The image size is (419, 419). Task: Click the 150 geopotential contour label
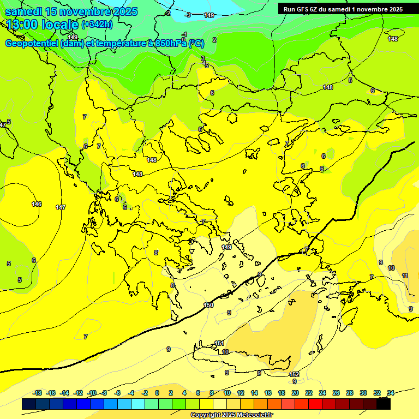(208, 305)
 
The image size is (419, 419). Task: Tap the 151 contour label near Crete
(219, 343)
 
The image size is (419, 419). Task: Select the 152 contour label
(294, 374)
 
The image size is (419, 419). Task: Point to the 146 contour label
(37, 204)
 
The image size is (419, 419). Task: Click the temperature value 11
(405, 276)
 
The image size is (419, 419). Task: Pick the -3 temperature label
(188, 15)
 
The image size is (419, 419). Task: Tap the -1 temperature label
(184, 34)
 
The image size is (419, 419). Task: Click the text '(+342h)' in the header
(97, 25)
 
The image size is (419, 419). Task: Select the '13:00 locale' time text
(43, 25)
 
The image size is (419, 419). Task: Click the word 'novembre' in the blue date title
(81, 11)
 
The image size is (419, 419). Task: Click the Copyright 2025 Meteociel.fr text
(231, 415)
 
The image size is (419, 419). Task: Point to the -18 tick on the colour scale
(38, 393)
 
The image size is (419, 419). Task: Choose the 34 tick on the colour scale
(391, 393)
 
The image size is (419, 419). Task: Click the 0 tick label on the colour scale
(157, 393)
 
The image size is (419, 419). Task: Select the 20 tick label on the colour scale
(295, 393)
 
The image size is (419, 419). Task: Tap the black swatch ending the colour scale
(384, 404)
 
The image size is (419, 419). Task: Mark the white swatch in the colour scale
(219, 404)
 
